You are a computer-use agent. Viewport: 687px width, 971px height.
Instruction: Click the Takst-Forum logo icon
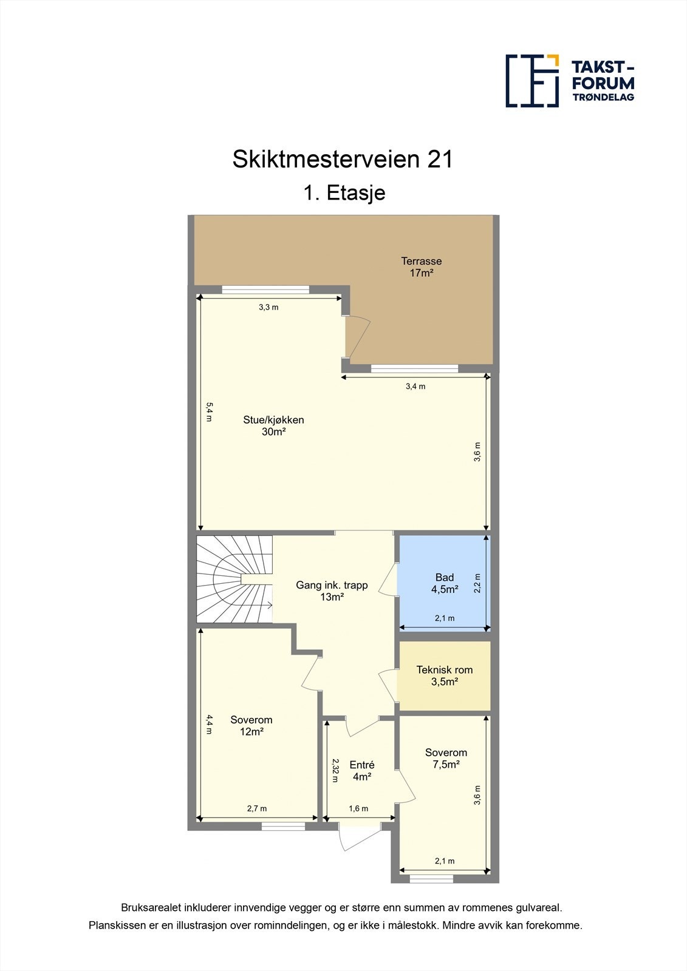532,81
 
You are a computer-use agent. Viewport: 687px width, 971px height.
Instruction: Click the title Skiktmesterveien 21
343,160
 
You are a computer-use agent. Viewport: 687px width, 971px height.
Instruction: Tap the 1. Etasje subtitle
344,193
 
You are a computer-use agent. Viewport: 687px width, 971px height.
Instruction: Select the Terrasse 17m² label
421,267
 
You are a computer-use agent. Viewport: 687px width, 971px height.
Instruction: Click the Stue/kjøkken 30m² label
273,425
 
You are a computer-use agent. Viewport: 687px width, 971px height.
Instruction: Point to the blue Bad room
444,583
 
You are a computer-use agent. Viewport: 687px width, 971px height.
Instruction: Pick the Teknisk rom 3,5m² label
444,675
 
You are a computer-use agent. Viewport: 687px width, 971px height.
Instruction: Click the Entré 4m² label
361,771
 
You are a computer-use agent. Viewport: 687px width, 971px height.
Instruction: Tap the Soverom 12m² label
251,726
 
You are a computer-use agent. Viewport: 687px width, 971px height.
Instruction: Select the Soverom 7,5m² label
446,759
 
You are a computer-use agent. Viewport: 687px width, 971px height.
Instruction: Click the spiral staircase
234,579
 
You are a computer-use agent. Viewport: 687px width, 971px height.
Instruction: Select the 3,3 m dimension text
268,307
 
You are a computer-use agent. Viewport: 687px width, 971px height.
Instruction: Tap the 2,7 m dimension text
256,808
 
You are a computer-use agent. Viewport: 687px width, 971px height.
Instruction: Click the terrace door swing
357,337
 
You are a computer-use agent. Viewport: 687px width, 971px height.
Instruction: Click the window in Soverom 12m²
283,826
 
